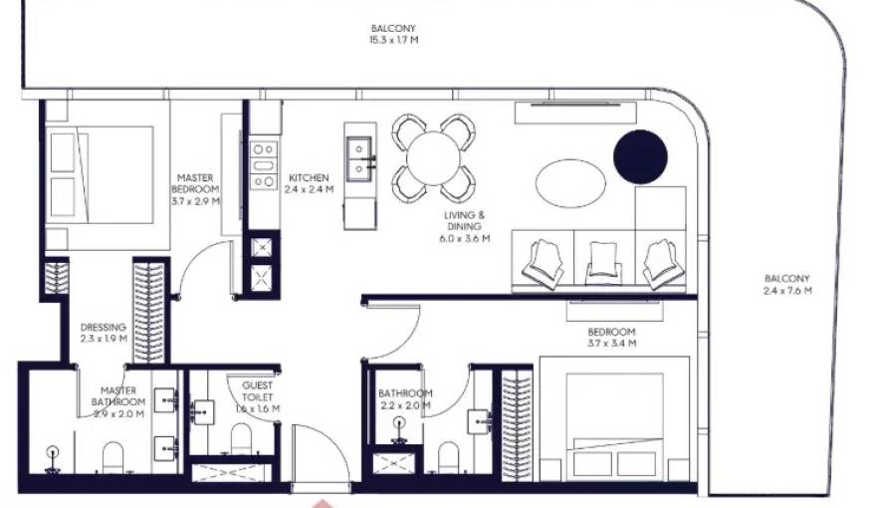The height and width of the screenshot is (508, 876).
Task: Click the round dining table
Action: click(x=433, y=157)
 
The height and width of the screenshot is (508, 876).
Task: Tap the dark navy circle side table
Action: click(x=639, y=156)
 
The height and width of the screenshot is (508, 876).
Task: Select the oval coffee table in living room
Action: click(x=569, y=182)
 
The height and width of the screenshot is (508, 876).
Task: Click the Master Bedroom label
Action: click(x=195, y=189)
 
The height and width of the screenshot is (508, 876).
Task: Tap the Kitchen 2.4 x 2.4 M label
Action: click(x=309, y=183)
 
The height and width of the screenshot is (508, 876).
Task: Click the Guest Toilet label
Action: click(x=258, y=395)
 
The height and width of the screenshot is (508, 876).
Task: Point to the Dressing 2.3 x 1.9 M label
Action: click(x=104, y=333)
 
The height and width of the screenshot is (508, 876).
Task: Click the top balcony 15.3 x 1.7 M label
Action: click(x=393, y=34)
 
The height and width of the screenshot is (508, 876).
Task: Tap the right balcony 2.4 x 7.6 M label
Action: click(x=787, y=284)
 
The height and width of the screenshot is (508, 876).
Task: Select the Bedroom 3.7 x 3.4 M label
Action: click(x=611, y=338)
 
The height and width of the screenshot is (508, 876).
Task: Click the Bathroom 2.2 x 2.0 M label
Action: click(x=405, y=399)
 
